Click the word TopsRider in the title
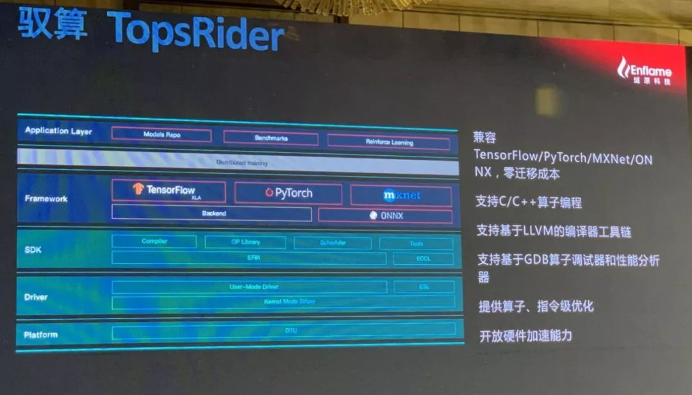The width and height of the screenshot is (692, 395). [195, 29]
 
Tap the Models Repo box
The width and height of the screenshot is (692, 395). [161, 135]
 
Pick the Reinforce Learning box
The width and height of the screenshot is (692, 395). [390, 141]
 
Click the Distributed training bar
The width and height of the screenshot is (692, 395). [238, 163]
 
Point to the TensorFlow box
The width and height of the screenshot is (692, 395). [169, 191]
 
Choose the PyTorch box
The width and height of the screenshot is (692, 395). [288, 193]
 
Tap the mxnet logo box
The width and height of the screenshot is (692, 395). [401, 195]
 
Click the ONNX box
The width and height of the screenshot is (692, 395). [385, 216]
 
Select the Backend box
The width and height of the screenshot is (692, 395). [211, 214]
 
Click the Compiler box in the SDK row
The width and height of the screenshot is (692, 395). [154, 242]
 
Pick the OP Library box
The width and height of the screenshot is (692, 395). [245, 242]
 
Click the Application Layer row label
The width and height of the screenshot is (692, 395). [58, 131]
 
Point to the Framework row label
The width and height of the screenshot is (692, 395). [46, 199]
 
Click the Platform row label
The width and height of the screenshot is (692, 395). [40, 335]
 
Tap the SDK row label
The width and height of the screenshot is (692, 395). [33, 249]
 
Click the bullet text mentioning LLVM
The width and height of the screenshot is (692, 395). [548, 231]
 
